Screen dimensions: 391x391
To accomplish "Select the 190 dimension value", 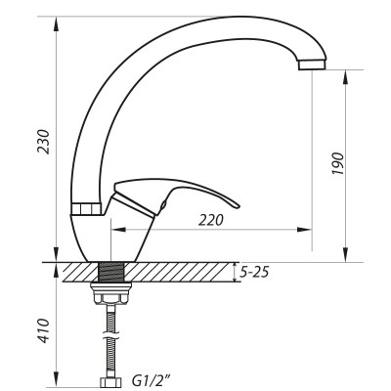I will coord(337,164).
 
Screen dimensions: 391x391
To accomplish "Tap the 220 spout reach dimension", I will coord(210,220).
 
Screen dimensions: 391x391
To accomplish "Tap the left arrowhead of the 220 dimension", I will coord(118,231).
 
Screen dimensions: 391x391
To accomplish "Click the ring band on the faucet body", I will coord(87,209).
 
